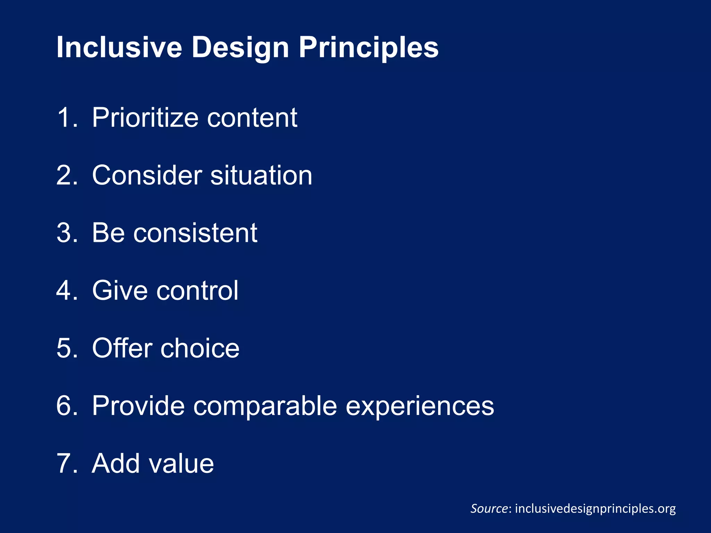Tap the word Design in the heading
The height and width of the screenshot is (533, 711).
click(240, 48)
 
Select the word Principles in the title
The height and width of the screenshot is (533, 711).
click(368, 48)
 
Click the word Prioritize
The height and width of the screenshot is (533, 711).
click(145, 118)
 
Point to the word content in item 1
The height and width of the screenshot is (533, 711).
click(252, 118)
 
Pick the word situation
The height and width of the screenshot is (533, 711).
click(261, 175)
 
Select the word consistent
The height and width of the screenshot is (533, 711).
click(195, 233)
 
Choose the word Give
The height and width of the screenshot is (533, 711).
click(120, 290)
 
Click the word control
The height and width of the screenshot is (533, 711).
click(197, 290)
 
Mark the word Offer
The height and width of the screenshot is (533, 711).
click(122, 348)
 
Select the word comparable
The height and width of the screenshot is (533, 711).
click(265, 406)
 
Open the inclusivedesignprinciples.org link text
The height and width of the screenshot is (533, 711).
click(595, 508)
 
